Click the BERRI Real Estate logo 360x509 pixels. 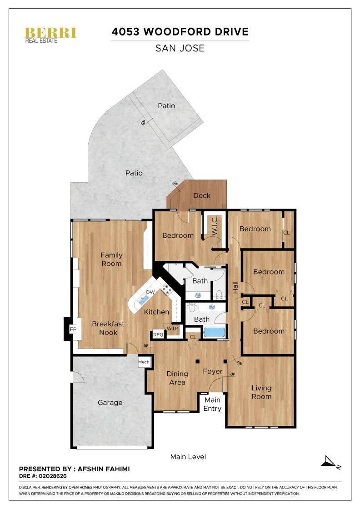pyautogui.click(x=50, y=35)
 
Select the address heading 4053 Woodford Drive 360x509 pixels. pyautogui.click(x=180, y=32)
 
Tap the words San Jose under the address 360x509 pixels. pyautogui.click(x=180, y=48)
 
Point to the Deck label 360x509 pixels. pyautogui.click(x=202, y=195)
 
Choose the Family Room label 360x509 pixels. pyautogui.click(x=111, y=259)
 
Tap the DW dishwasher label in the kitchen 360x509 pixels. pyautogui.click(x=150, y=292)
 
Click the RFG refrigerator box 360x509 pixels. pyautogui.click(x=158, y=334)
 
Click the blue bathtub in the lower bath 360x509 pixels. pyautogui.click(x=214, y=332)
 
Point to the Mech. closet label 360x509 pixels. pyautogui.click(x=144, y=362)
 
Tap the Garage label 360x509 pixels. pyautogui.click(x=110, y=403)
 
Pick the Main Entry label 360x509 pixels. pyautogui.click(x=212, y=404)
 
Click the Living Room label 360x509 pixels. pyautogui.click(x=261, y=392)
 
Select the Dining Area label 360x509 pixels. pyautogui.click(x=177, y=378)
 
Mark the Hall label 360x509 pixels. pyautogui.click(x=235, y=287)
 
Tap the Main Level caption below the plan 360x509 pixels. pyautogui.click(x=188, y=456)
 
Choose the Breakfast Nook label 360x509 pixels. pyautogui.click(x=105, y=328)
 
